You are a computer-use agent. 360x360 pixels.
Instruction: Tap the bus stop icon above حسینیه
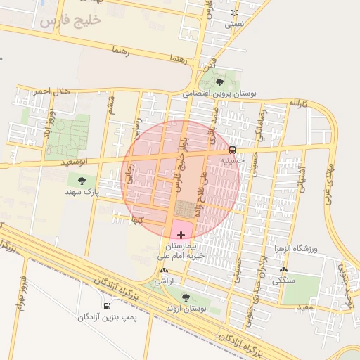(232, 150)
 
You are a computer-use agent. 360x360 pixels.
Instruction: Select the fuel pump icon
(106, 306)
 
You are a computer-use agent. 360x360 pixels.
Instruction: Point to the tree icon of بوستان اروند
(186, 297)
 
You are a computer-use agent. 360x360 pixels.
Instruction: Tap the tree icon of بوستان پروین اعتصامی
(219, 82)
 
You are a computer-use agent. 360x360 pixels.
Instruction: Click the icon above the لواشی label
(164, 271)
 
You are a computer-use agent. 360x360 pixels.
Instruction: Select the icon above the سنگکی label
(283, 271)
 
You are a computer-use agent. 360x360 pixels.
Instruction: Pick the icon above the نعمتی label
(234, 13)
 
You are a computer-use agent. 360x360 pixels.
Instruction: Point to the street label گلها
(137, 220)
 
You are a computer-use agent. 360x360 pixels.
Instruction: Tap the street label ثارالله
(299, 103)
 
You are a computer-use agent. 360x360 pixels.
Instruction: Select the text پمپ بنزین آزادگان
(107, 318)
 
